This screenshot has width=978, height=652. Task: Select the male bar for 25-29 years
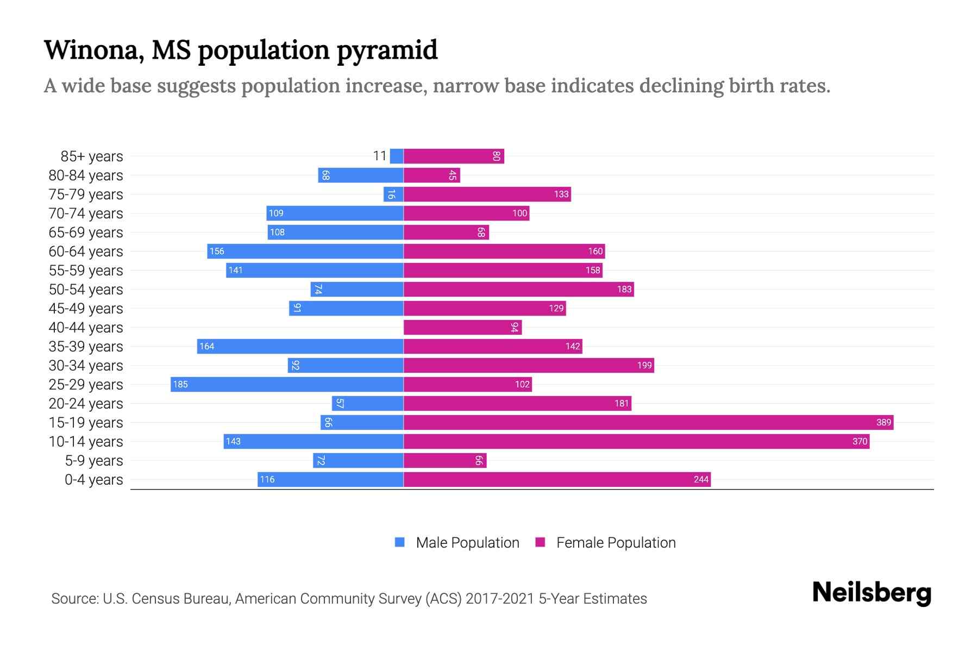click(x=287, y=384)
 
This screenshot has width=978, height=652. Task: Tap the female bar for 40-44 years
click(x=462, y=327)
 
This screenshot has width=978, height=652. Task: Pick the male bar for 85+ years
click(x=397, y=156)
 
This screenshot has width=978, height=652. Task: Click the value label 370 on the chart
click(x=860, y=441)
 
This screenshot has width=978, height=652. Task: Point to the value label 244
click(x=701, y=479)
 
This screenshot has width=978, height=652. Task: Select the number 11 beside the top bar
click(x=380, y=156)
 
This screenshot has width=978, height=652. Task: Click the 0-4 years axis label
click(x=93, y=480)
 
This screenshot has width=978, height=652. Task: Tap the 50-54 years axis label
click(x=86, y=290)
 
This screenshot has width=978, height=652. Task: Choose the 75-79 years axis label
click(x=86, y=195)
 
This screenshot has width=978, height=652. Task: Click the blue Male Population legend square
click(x=400, y=542)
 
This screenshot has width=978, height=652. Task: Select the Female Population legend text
click(x=616, y=543)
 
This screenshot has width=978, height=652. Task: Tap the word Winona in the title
click(x=93, y=50)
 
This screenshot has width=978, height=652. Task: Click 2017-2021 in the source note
click(x=499, y=599)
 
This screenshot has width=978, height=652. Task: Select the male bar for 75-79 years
click(x=393, y=194)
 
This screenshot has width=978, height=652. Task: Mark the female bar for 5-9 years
click(x=444, y=460)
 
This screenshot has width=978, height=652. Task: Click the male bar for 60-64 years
click(x=305, y=251)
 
